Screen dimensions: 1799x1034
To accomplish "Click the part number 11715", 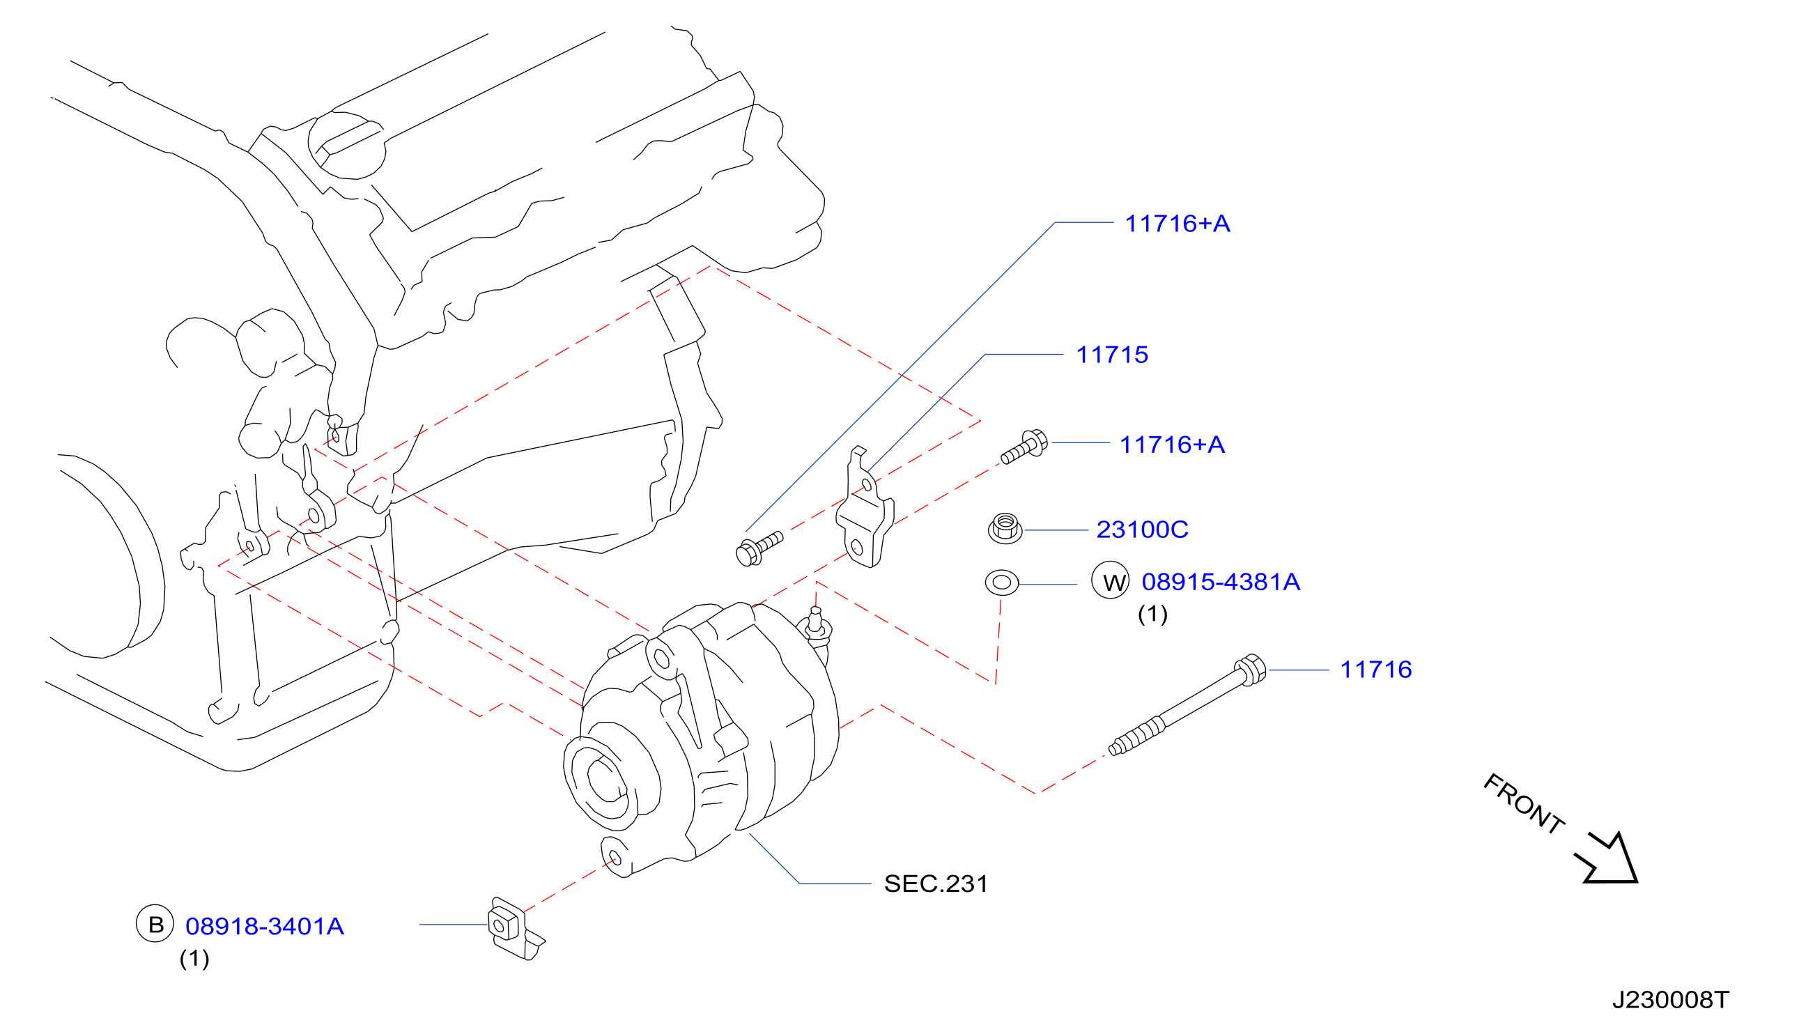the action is coord(1112,355).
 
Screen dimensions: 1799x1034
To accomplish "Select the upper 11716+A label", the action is coord(1177,224).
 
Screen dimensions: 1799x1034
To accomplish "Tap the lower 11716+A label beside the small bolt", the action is coord(1171,445).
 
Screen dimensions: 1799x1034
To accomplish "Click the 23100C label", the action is coord(1142,530).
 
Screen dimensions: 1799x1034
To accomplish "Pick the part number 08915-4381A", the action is coord(1221,582).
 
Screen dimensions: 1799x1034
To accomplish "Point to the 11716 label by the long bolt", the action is coord(1376,670).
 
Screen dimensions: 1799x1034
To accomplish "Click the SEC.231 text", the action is coord(936,884).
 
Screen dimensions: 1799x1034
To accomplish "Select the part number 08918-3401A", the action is coord(265,927).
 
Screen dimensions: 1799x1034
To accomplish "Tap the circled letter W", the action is coord(1111,580).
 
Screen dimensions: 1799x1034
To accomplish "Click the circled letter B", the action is coord(155,923).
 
